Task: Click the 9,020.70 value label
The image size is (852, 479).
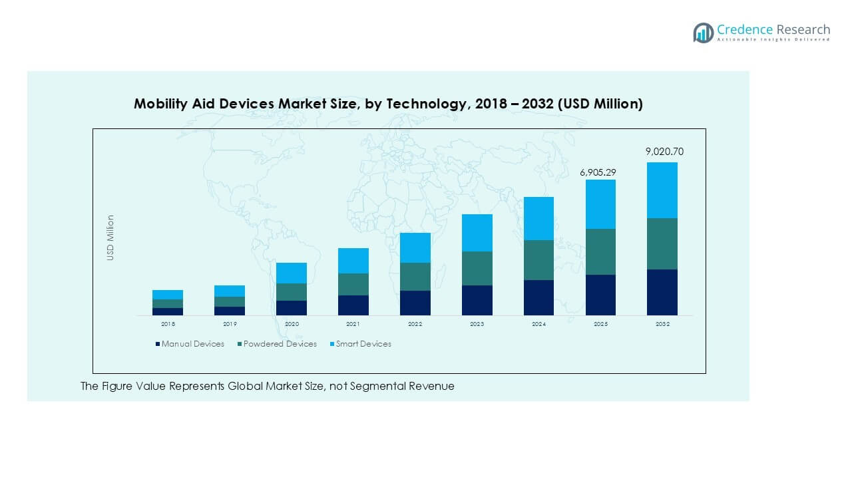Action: [x=664, y=152]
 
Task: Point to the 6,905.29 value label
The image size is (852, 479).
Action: [x=598, y=172]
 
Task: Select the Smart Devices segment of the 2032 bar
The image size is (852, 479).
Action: [x=662, y=190]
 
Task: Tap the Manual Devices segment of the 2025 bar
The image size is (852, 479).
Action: [x=600, y=295]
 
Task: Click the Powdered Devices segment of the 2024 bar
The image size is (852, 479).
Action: [x=538, y=260]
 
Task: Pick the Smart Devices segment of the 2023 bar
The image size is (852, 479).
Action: [x=477, y=233]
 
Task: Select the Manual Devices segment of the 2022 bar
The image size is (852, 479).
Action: [x=415, y=303]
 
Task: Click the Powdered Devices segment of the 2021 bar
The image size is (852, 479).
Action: [x=353, y=284]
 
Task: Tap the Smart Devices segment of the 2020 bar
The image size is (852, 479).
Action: [x=292, y=273]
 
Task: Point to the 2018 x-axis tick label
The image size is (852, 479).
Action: [x=168, y=324]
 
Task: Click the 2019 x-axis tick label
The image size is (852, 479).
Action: [x=230, y=324]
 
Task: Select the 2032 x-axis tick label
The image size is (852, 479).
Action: [x=662, y=324]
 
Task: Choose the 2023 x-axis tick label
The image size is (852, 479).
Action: [x=477, y=324]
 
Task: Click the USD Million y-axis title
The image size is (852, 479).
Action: [x=110, y=238]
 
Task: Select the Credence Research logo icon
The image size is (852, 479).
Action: [x=703, y=33]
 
